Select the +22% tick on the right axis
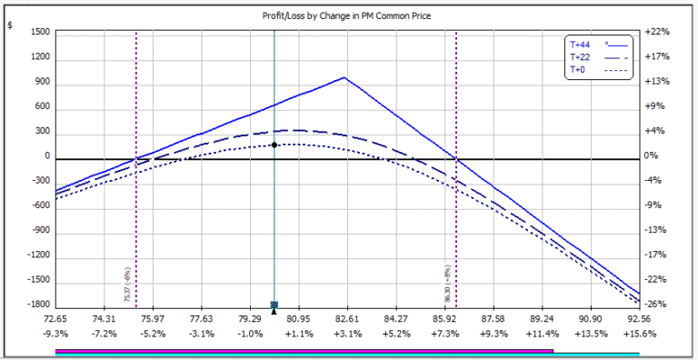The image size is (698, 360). (x=657, y=32)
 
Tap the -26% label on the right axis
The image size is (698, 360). (x=657, y=305)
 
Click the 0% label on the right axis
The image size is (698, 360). (x=652, y=156)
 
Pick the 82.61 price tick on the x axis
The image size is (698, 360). (x=346, y=319)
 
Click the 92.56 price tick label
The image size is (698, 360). (x=639, y=319)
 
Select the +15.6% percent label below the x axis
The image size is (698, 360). (x=639, y=334)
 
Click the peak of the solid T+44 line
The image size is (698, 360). (x=344, y=77)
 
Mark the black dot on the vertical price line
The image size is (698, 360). (x=274, y=145)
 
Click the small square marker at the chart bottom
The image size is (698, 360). (x=274, y=305)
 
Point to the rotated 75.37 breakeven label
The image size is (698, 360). (x=128, y=284)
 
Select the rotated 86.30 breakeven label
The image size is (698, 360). (x=449, y=284)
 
